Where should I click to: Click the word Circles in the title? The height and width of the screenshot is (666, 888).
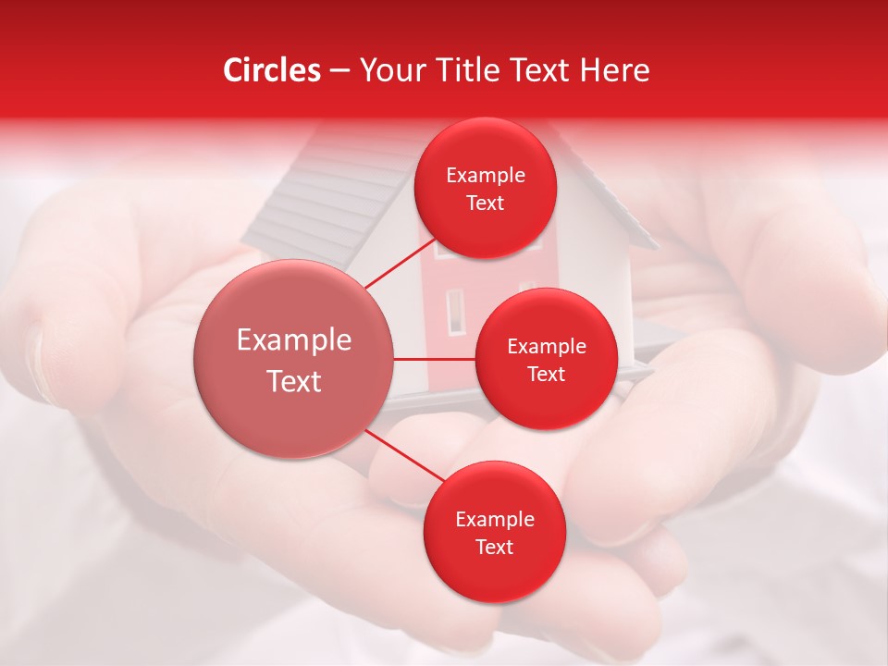[272, 70]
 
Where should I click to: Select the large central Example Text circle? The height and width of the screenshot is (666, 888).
[293, 359]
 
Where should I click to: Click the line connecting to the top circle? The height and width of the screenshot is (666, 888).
[400, 263]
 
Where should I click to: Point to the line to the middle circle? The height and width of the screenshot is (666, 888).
[434, 359]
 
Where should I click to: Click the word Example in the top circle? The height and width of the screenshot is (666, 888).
[486, 176]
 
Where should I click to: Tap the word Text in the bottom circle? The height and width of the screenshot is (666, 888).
[494, 547]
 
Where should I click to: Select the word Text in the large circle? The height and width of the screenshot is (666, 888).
[293, 381]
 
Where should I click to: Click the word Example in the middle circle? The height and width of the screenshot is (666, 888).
[546, 347]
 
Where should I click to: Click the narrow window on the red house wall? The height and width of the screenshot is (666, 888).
[454, 311]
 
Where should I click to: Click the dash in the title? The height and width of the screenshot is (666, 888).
[339, 71]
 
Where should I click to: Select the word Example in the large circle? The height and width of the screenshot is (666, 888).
[293, 340]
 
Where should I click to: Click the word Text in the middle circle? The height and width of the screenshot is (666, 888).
[546, 374]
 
